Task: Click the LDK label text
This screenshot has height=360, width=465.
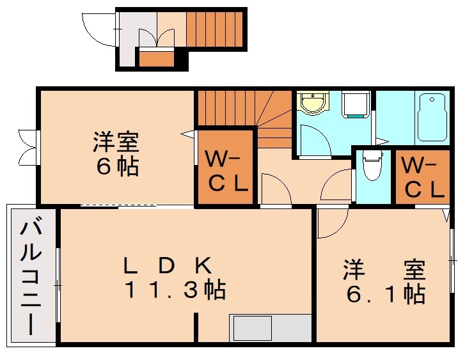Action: coord(168,265)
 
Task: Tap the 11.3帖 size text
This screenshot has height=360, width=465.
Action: coord(175,289)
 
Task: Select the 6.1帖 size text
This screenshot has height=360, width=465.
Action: coord(386,294)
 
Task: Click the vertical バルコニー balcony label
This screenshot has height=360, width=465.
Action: coord(31,278)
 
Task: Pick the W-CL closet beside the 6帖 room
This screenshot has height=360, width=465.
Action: coord(226,167)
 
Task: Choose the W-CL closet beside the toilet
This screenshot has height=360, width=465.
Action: coord(423,176)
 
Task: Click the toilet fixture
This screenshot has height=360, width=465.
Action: coord(373,165)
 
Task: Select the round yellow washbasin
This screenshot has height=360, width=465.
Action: coord(313,102)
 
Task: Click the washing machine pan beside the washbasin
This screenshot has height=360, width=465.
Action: coord(356,104)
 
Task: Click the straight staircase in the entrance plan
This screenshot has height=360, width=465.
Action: coord(215,29)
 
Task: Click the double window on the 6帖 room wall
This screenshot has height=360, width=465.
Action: coord(29,147)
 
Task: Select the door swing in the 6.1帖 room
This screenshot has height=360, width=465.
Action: coord(332,223)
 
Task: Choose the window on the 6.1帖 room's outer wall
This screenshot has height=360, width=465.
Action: coord(452,260)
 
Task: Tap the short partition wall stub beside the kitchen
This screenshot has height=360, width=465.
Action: coord(196,327)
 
